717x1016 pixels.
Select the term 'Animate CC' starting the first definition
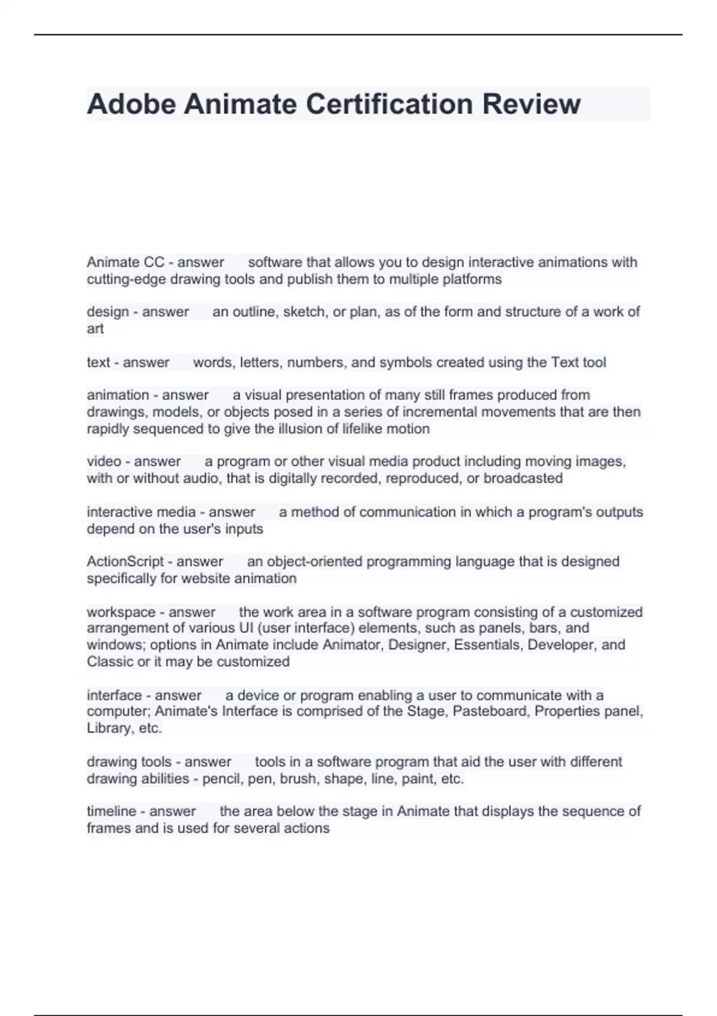(x=125, y=262)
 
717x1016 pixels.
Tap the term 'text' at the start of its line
(x=98, y=363)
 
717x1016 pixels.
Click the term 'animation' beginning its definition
(x=118, y=395)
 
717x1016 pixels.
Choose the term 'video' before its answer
(x=103, y=461)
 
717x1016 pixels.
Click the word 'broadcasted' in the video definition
(x=523, y=479)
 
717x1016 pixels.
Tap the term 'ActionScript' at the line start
(x=125, y=562)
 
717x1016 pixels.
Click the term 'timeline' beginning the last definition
(x=111, y=812)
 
